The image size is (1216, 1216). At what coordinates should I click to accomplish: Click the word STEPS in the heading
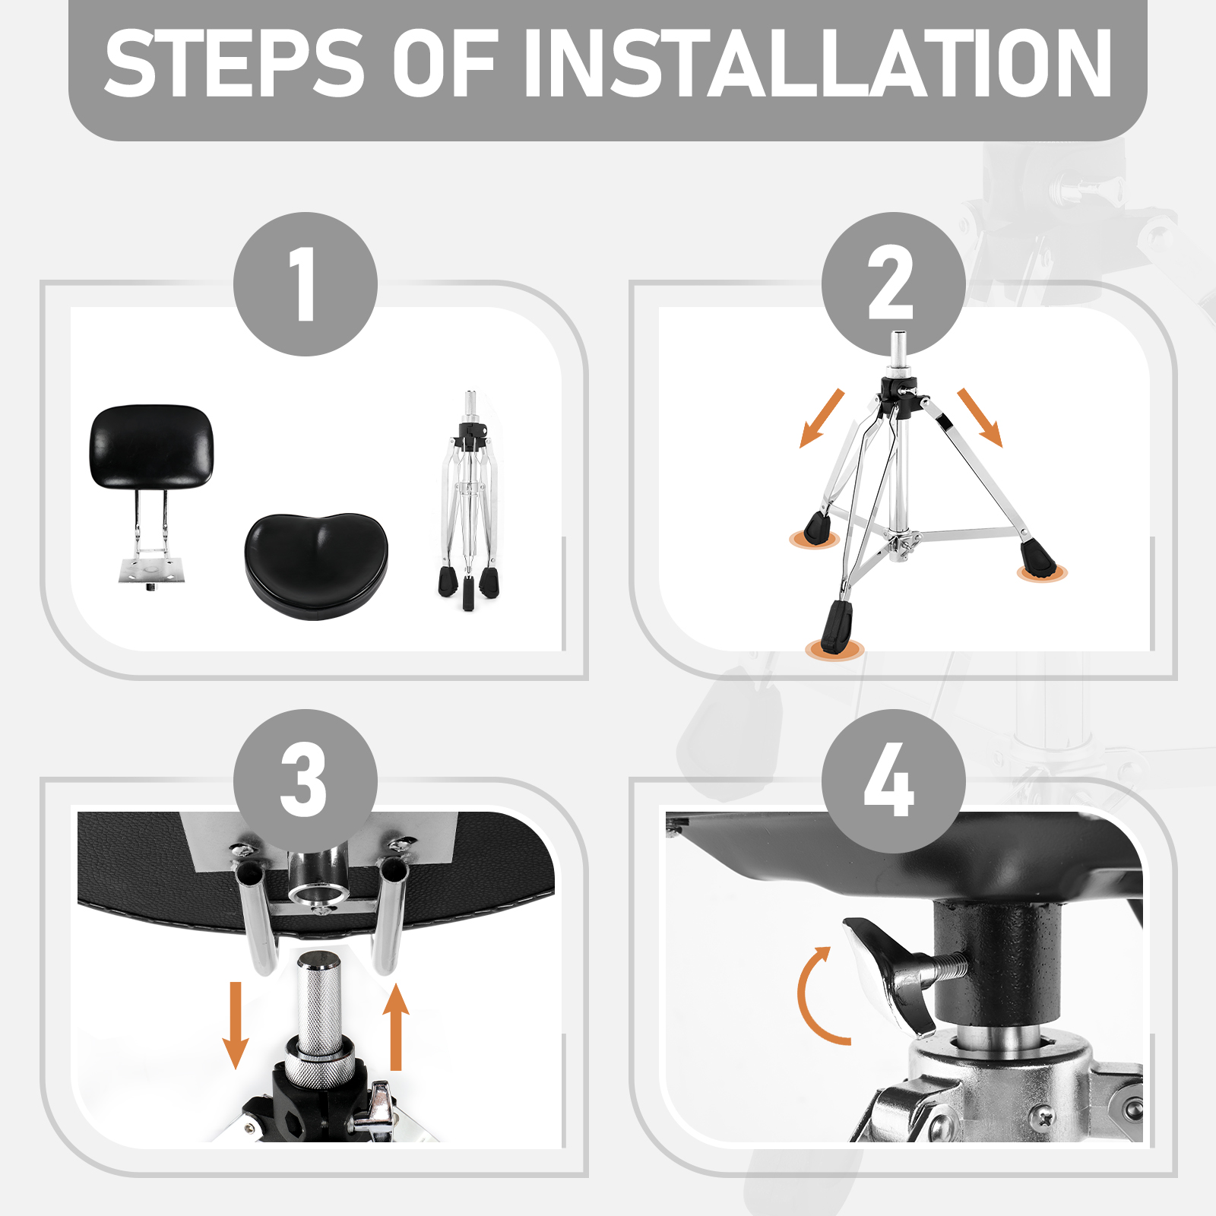(234, 64)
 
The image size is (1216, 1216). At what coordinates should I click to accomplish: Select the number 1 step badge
(306, 283)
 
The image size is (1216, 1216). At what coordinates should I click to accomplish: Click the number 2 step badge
(894, 283)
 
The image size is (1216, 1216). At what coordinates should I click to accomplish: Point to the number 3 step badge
(306, 781)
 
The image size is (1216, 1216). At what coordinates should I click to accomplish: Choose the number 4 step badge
(894, 781)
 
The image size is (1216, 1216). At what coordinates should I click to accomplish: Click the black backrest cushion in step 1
(152, 446)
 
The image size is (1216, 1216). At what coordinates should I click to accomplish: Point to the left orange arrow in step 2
(822, 418)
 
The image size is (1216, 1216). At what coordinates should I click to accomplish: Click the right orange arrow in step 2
(980, 417)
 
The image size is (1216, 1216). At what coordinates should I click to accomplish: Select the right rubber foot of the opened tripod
(1038, 559)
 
